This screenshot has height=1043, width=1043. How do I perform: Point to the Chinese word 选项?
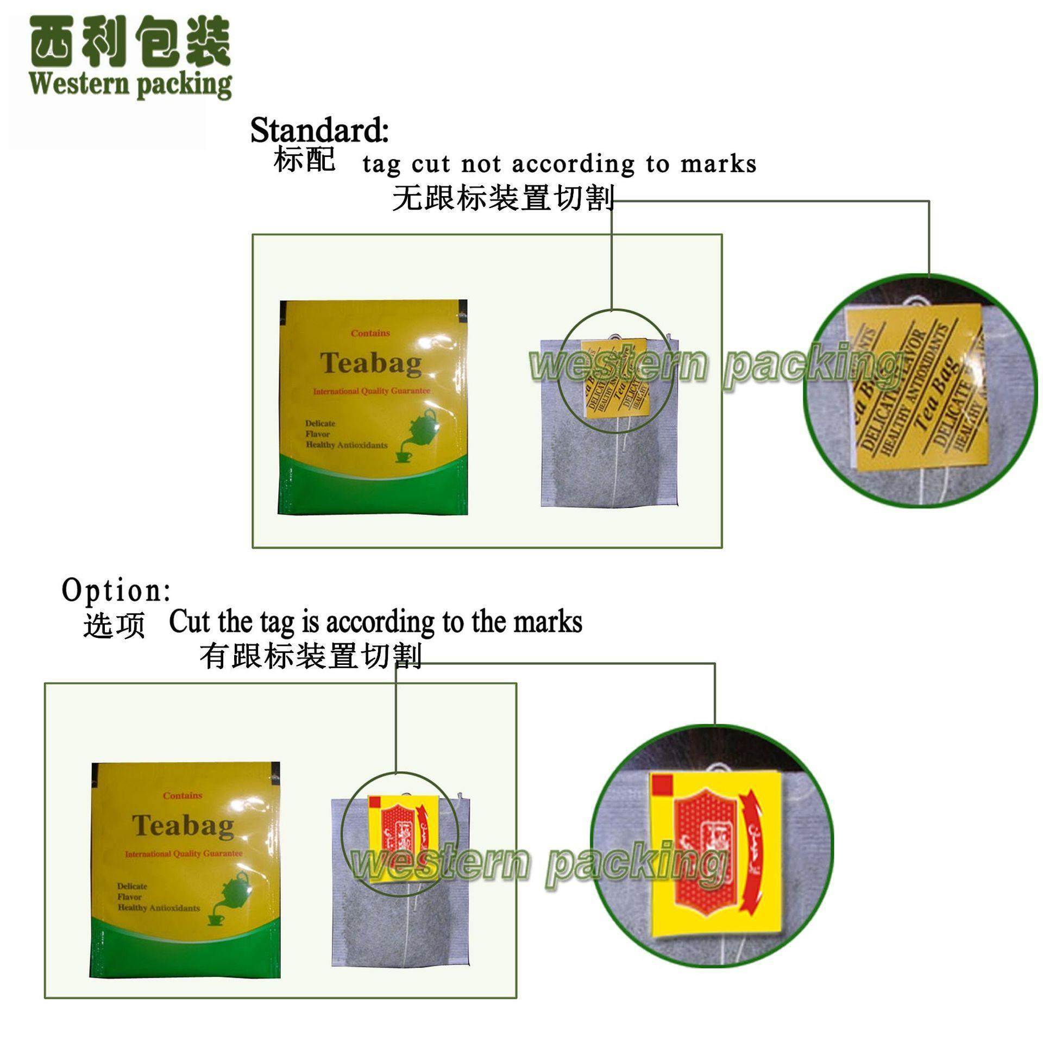click(114, 626)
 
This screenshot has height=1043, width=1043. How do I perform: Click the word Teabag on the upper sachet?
click(370, 363)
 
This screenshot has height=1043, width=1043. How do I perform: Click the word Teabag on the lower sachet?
click(183, 826)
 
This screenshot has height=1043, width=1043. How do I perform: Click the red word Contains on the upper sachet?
click(370, 333)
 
